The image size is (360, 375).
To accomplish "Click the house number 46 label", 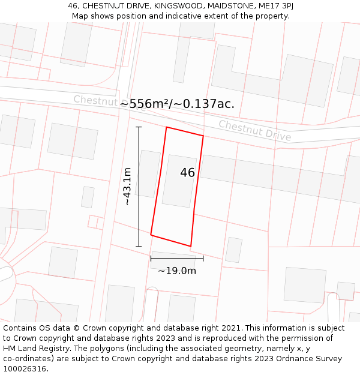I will (187, 173).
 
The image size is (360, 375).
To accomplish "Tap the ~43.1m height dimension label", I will (127, 187).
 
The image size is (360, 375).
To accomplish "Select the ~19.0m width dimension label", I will (177, 271).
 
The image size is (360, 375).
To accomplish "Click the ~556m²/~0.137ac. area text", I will (177, 104).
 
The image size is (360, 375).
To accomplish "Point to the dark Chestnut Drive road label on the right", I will (254, 131).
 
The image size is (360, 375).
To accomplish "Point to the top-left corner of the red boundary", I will (166, 127).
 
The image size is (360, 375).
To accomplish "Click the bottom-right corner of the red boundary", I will (191, 246).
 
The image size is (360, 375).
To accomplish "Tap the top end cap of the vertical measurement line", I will (139, 127).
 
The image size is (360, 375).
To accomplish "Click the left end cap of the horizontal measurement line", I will (151, 259).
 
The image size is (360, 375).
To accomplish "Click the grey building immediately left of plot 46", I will (148, 174).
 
